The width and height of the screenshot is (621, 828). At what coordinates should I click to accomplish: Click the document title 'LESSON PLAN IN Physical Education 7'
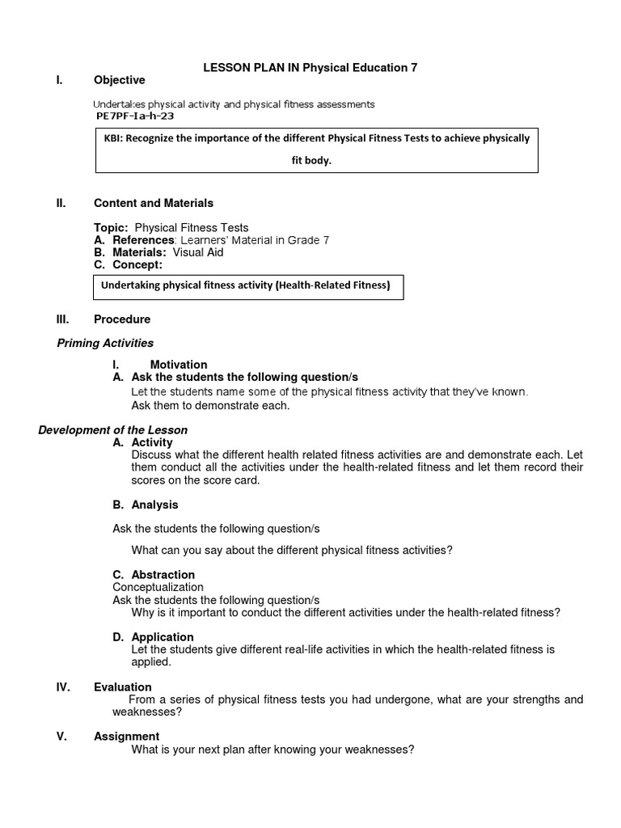[310, 68]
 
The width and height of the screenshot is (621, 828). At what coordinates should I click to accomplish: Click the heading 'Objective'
[119, 80]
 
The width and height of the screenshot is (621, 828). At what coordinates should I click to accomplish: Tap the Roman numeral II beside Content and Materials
[61, 203]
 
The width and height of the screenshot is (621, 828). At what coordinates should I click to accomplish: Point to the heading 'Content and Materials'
[154, 203]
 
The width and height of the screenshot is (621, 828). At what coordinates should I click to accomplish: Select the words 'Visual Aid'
[198, 252]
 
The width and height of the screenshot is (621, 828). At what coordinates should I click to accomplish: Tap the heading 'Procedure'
[122, 319]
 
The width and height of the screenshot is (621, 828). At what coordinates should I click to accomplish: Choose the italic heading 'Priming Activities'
[105, 343]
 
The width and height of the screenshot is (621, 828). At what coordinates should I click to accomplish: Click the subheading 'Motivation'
[179, 365]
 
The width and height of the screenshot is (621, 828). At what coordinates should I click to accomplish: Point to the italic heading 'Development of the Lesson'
[112, 430]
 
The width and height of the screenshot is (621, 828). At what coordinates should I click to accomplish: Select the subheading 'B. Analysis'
[146, 505]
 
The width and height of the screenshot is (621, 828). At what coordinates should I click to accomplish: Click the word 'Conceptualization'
[158, 587]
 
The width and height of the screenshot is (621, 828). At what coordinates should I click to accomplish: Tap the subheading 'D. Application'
[153, 637]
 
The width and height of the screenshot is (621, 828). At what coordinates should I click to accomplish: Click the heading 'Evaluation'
[123, 687]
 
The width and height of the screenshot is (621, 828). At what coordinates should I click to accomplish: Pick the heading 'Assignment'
[126, 737]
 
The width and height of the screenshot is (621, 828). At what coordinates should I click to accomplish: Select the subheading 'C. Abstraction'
[154, 575]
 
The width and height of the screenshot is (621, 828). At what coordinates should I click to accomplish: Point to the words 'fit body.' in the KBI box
[312, 160]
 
